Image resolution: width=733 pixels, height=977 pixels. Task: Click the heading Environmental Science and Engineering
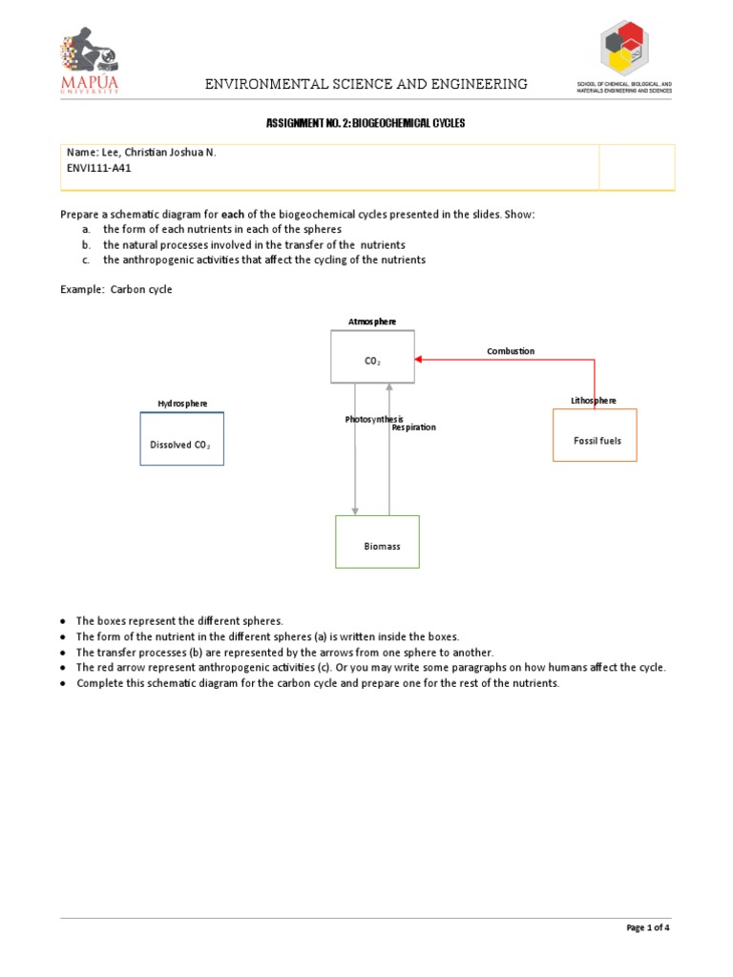[366, 84]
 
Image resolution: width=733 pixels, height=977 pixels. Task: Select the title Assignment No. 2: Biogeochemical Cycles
[366, 125]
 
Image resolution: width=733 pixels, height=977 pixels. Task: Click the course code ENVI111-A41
[98, 167]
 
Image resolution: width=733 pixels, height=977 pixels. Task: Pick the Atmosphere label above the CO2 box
[372, 322]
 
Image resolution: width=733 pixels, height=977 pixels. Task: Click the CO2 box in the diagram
[372, 361]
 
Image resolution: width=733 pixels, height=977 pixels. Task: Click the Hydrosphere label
[181, 405]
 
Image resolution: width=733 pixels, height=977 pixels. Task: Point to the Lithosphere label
[594, 401]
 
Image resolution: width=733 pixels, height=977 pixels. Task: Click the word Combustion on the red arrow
[511, 351]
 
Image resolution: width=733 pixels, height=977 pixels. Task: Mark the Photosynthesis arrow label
[374, 420]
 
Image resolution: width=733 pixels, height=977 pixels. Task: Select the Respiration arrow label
[413, 427]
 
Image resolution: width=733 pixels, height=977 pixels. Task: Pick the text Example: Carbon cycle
[117, 289]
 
